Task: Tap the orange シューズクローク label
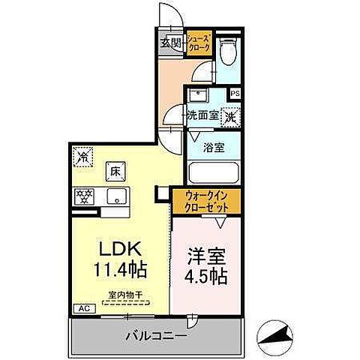coord(198,42)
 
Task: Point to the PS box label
coord(235,94)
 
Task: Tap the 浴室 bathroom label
coord(214,147)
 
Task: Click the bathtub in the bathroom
coord(214,173)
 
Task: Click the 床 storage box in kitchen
coord(115,170)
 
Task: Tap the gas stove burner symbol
coord(84,197)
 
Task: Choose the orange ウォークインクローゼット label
coord(205,202)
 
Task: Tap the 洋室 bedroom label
coord(202,254)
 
